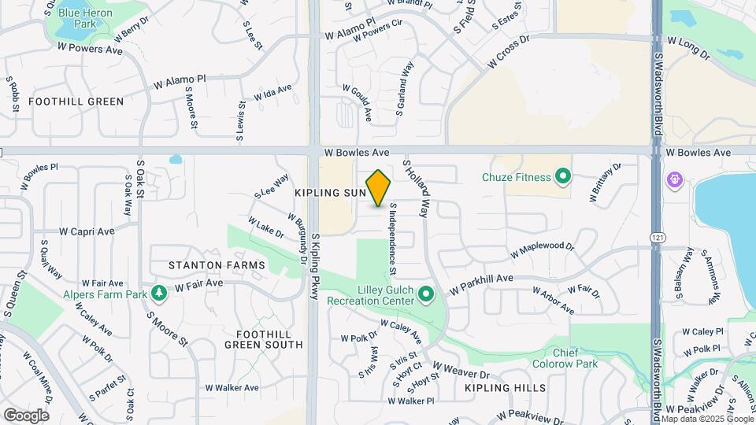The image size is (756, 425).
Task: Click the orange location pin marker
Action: pos(379,188)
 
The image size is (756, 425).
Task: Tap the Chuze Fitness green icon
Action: pos(562,176)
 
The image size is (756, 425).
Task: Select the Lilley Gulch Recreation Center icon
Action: pos(426,295)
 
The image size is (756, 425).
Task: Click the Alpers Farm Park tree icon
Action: pos(160,293)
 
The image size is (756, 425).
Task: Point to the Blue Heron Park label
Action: pos(85,18)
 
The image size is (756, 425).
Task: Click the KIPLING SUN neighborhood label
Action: pos(331,193)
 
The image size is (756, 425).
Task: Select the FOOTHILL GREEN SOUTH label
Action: pos(263,338)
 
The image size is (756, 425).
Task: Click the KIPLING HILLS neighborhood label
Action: pos(505,388)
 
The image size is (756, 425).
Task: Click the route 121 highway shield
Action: pos(655,237)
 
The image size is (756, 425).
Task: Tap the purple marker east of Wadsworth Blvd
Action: pos(675,180)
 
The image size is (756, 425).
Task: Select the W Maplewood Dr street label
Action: pos(543,250)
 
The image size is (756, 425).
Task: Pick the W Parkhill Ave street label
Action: pos(481,284)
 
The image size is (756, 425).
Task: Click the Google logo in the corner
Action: pos(25,415)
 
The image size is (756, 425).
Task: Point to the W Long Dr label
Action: pos(688,47)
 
